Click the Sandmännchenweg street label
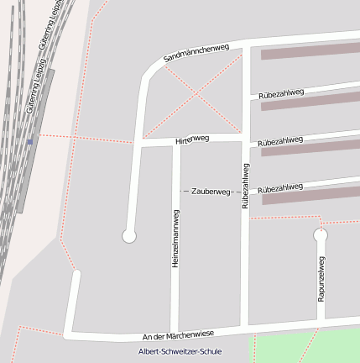click(x=196, y=52)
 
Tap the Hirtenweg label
click(x=191, y=139)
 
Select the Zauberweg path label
click(x=211, y=192)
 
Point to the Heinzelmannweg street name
click(x=175, y=239)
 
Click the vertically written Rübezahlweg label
click(x=245, y=185)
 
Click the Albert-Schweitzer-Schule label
click(x=180, y=351)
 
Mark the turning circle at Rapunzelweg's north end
click(x=320, y=236)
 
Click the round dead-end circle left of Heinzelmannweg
click(x=129, y=237)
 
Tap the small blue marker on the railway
click(x=30, y=142)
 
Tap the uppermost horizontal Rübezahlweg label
click(x=280, y=94)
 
